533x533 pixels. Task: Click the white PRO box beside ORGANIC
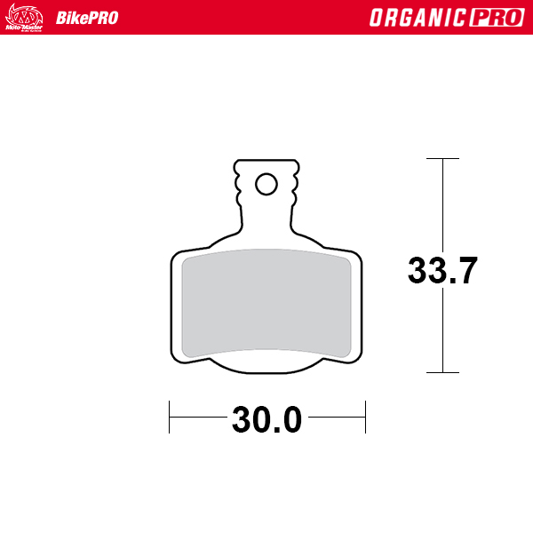click(x=494, y=18)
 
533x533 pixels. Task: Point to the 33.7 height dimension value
click(x=443, y=270)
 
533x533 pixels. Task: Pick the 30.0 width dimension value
click(x=266, y=418)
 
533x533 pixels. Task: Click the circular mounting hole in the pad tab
click(x=266, y=184)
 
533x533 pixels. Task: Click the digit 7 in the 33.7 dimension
click(x=466, y=270)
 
